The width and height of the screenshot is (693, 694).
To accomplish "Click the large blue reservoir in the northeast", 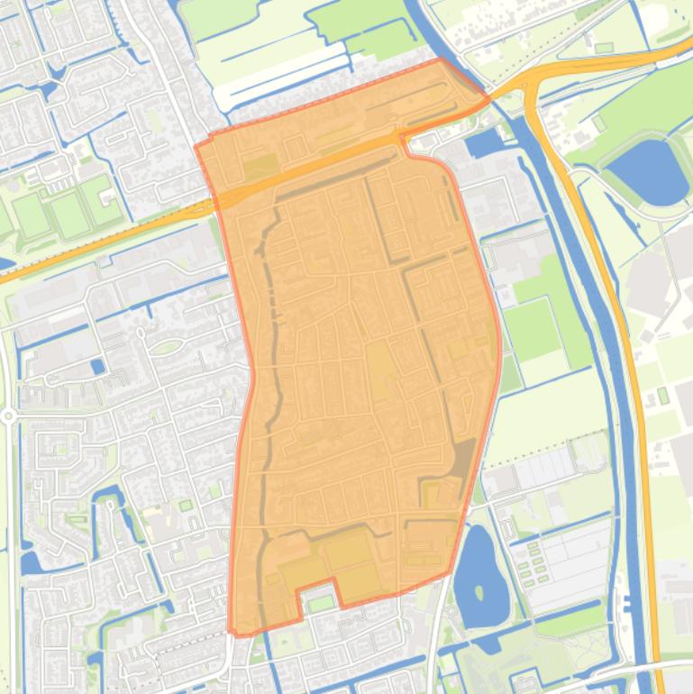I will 648,171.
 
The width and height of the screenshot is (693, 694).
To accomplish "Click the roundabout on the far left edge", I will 7,415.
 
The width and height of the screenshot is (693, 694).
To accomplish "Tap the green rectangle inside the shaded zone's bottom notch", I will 320,603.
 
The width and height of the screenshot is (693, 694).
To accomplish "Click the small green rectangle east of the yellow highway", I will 663,395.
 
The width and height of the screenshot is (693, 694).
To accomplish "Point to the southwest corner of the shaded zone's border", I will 233,631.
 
